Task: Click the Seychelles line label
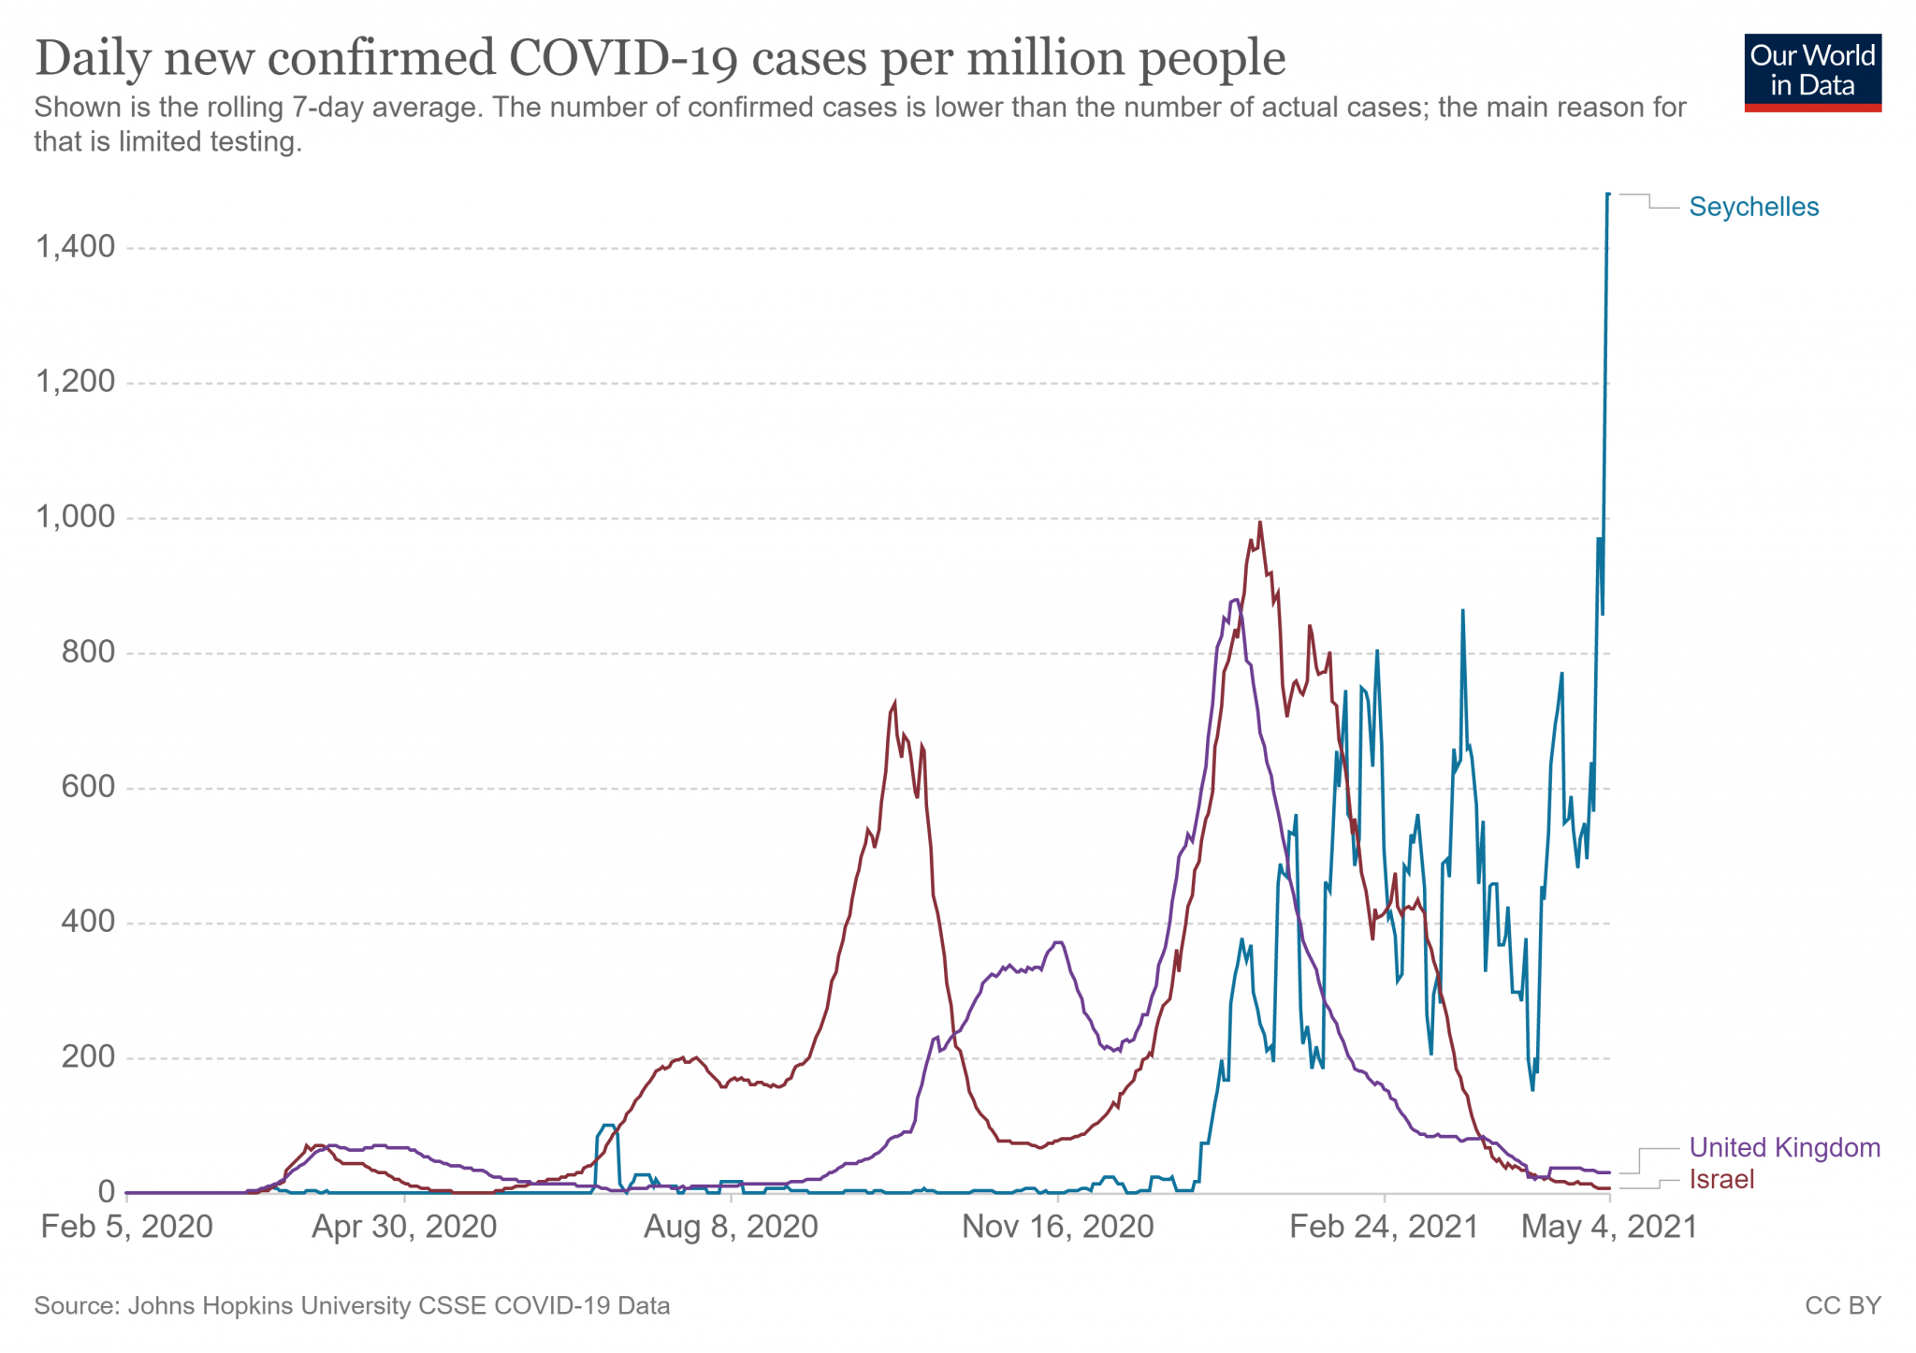click(1753, 207)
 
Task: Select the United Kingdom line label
click(1784, 1147)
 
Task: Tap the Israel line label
click(1721, 1179)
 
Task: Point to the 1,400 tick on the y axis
click(75, 247)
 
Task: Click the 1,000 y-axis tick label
click(75, 516)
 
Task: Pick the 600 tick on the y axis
click(88, 787)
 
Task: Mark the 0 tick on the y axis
click(106, 1192)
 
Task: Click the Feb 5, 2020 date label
click(126, 1227)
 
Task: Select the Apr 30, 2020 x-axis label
click(404, 1227)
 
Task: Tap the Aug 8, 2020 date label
click(731, 1227)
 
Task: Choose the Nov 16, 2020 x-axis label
click(1057, 1227)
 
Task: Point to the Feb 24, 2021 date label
click(1384, 1227)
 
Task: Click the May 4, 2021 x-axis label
click(1609, 1227)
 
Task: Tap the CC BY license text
click(1842, 1305)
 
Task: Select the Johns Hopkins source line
click(352, 1305)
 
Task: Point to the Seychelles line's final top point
click(1608, 195)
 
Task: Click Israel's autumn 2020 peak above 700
click(894, 702)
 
